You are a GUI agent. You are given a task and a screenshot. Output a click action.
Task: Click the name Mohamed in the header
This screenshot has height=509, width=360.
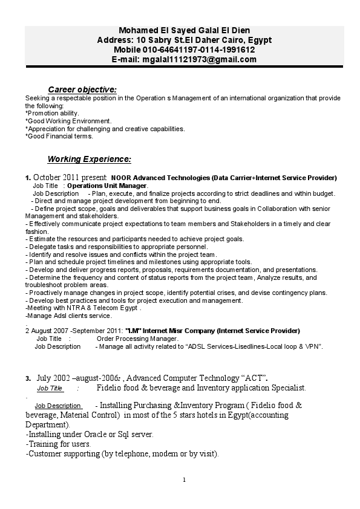[x=137, y=31]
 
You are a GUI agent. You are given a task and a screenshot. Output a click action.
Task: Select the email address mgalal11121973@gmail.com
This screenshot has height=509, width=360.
[x=199, y=59]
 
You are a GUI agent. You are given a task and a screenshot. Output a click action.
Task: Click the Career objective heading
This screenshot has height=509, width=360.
[x=82, y=89]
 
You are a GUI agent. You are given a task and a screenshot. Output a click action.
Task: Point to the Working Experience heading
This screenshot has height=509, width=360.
[x=89, y=160]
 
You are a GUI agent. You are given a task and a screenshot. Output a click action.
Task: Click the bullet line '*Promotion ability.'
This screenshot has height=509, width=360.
[x=52, y=113]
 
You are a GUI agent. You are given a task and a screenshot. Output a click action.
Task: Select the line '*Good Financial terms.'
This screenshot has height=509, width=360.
[x=59, y=137]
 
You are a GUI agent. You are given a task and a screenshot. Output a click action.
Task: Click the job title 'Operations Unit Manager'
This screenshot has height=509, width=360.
[x=106, y=186]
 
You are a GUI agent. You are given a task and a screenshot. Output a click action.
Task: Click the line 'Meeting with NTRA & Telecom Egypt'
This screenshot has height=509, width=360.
[x=83, y=308]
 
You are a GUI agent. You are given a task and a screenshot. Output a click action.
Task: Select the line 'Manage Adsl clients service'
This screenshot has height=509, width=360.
[x=68, y=316]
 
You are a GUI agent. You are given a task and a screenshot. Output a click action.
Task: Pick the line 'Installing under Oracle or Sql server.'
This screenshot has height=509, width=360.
[x=90, y=434]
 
